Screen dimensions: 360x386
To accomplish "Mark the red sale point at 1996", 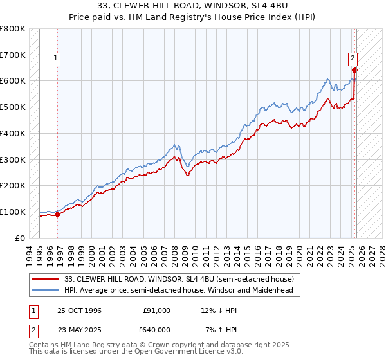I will click(x=58, y=214).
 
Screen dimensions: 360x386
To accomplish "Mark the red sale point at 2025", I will click(x=354, y=70).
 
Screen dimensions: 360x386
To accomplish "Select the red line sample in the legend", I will click(x=47, y=279).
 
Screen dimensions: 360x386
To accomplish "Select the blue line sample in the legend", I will click(x=47, y=290).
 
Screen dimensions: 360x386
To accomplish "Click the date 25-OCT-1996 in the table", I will click(x=79, y=310).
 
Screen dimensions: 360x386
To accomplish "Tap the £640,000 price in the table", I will click(x=157, y=328).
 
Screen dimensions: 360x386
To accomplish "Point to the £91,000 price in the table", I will click(x=157, y=310).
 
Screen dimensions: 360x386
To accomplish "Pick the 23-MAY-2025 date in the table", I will click(x=79, y=328).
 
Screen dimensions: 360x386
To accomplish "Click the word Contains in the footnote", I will click(x=44, y=346).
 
